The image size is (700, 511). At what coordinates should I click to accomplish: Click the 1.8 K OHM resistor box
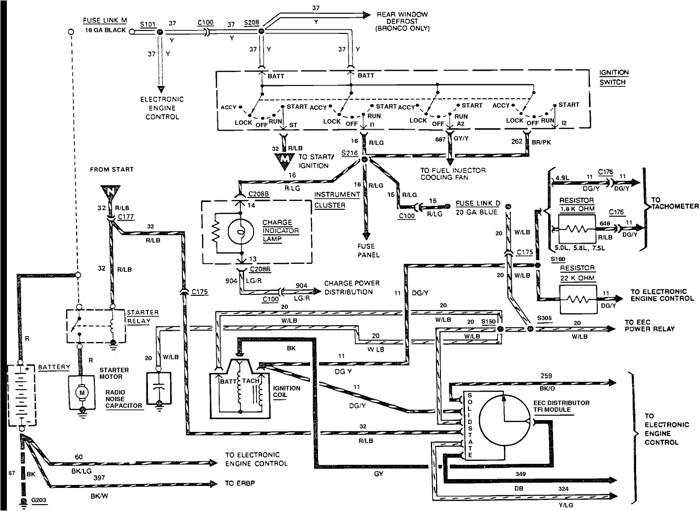click(x=572, y=228)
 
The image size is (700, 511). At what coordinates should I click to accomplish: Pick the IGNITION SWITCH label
click(x=613, y=77)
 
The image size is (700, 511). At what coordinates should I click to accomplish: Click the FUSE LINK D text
click(x=478, y=203)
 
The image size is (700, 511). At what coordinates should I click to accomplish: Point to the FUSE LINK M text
click(x=104, y=21)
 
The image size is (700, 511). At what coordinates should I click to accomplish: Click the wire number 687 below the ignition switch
click(x=439, y=140)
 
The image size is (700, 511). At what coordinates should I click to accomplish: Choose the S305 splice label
click(x=544, y=318)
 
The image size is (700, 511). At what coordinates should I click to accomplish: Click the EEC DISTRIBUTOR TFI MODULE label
click(x=561, y=406)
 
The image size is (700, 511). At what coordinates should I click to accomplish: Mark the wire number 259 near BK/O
click(x=546, y=376)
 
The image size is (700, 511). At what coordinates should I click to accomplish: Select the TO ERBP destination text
click(x=240, y=483)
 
